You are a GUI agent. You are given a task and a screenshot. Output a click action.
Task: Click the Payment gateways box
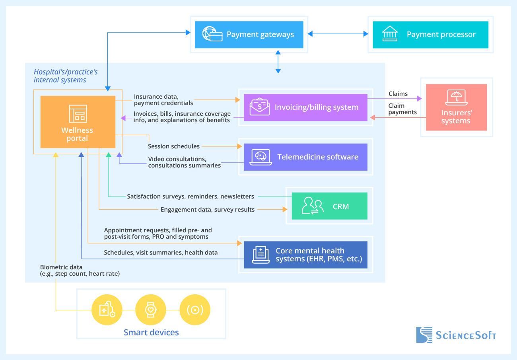(249, 35)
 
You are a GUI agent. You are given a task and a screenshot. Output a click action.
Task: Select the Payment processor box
(430, 35)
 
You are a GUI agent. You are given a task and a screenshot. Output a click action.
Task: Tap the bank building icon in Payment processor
(389, 34)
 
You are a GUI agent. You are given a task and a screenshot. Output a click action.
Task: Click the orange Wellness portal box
(78, 121)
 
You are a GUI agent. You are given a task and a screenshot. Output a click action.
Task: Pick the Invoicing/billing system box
(305, 107)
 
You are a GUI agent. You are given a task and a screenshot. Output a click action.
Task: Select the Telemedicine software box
(305, 157)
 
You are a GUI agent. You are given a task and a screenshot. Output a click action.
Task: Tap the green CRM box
(329, 206)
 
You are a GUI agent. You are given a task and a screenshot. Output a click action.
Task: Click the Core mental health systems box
(305, 255)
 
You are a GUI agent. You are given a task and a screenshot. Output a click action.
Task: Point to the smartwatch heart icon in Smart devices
(150, 310)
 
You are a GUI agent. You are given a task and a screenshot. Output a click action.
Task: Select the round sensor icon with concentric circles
(195, 310)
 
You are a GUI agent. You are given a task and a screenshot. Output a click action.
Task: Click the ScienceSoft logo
(456, 335)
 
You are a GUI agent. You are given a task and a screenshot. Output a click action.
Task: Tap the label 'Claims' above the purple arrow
(398, 94)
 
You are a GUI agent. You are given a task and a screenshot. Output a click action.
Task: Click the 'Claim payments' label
(402, 109)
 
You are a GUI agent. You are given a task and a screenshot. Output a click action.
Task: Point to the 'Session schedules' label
(174, 146)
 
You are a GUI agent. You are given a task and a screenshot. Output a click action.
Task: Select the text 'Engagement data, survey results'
(208, 209)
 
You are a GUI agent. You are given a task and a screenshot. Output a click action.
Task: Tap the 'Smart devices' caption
(151, 333)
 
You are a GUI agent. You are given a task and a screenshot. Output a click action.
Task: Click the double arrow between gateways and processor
(338, 35)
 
